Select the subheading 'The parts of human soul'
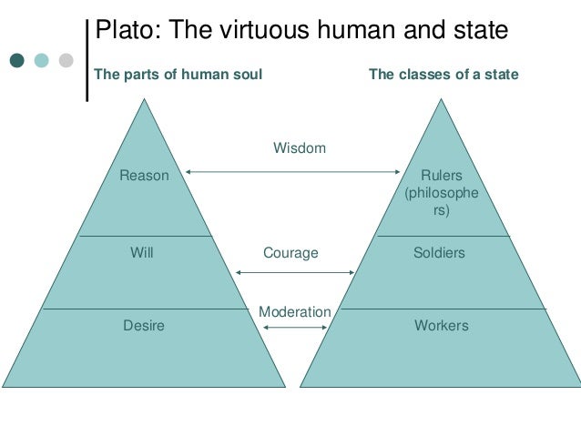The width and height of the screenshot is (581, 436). click(178, 75)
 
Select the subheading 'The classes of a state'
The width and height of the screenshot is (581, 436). click(443, 75)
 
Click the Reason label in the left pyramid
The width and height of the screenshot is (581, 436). click(144, 175)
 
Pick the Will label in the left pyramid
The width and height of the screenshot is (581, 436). click(142, 252)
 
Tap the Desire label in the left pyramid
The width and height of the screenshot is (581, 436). click(144, 324)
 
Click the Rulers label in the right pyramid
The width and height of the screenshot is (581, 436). click(441, 175)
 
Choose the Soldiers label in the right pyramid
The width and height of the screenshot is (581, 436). click(439, 252)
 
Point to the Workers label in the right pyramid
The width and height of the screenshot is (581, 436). click(441, 324)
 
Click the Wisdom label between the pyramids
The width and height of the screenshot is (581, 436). click(299, 147)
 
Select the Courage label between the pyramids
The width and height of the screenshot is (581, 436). click(290, 252)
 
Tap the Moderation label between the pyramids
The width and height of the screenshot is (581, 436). click(294, 312)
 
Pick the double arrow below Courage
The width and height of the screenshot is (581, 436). click(294, 272)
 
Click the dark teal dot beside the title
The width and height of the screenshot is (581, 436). click(17, 61)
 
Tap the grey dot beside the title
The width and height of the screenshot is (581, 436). click(66, 61)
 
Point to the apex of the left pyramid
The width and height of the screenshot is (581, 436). click(144, 99)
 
